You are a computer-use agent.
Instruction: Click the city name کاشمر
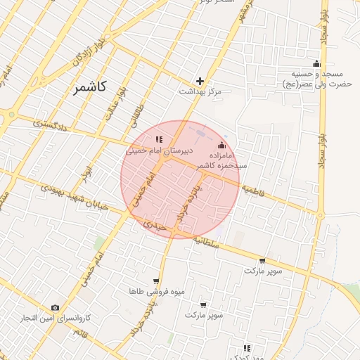pyautogui.click(x=89, y=87)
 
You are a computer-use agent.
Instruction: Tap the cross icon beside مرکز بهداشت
pyautogui.click(x=200, y=81)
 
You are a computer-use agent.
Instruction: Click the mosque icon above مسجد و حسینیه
pyautogui.click(x=316, y=64)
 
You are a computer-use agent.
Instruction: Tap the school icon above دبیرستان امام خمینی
pyautogui.click(x=159, y=139)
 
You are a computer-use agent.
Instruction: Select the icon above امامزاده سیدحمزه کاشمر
pyautogui.click(x=222, y=144)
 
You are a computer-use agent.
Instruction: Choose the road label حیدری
pyautogui.click(x=154, y=227)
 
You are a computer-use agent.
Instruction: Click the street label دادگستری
pyautogui.click(x=50, y=124)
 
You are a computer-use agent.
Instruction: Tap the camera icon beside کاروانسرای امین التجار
pyautogui.click(x=55, y=308)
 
